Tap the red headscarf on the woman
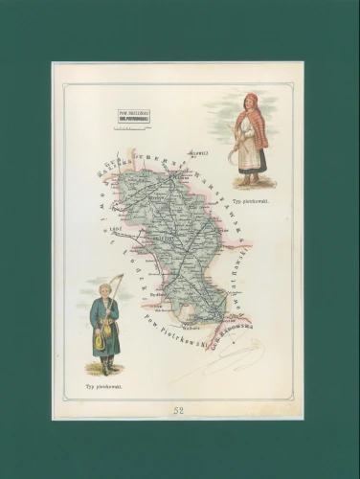[x=252, y=100]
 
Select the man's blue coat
[x=106, y=326]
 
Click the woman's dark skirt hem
[x=250, y=172]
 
